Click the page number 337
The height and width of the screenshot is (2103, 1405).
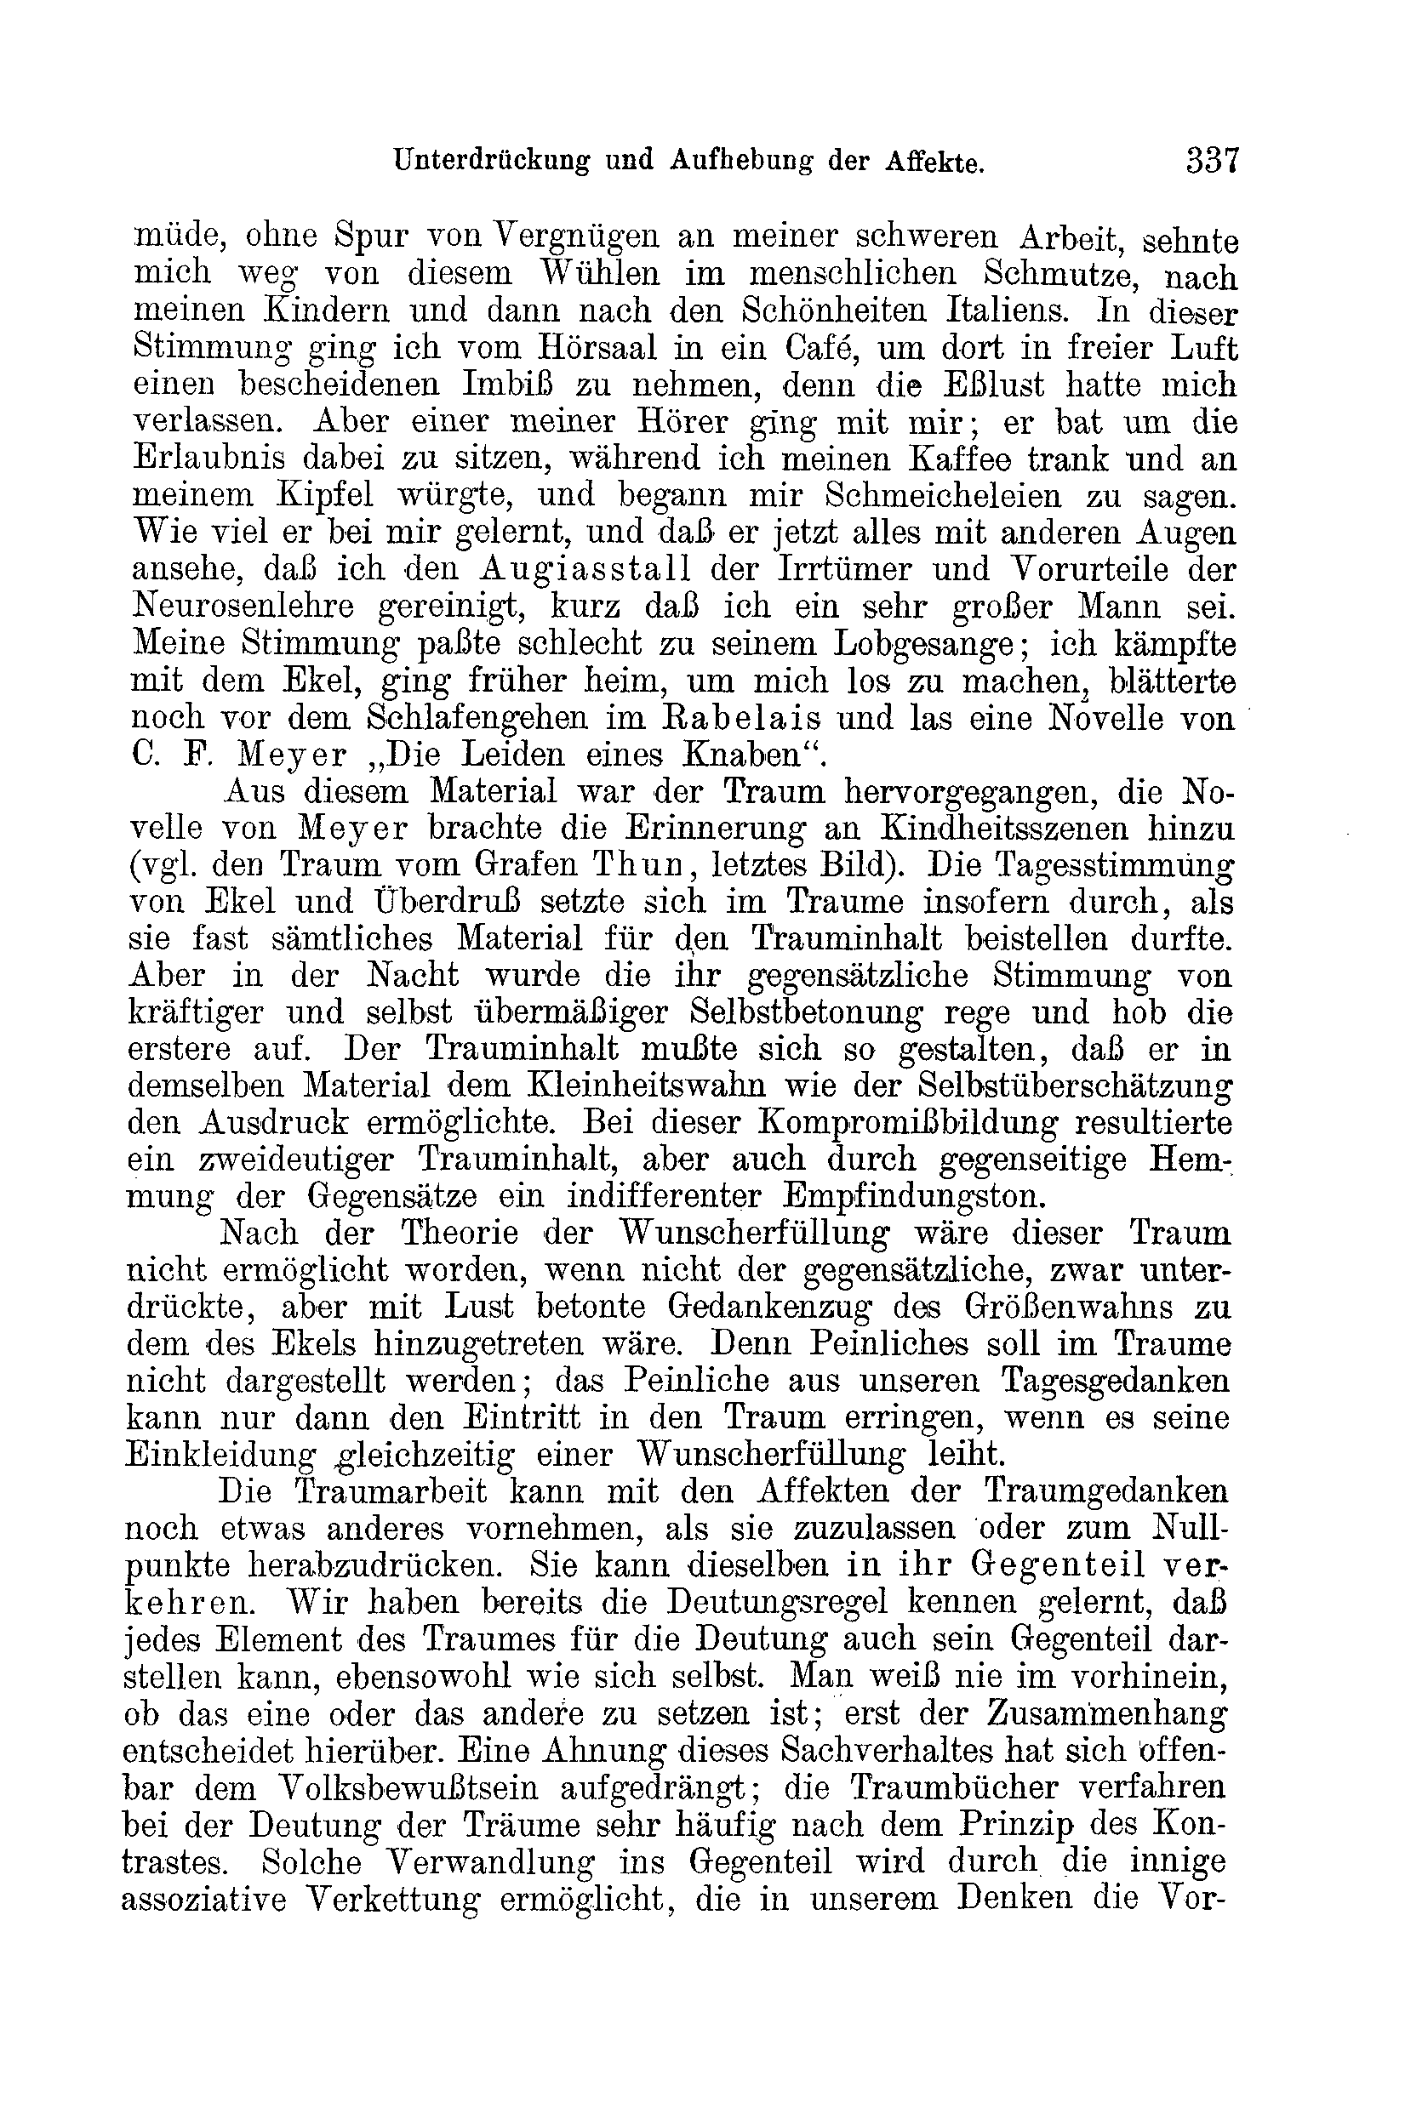click(x=1212, y=162)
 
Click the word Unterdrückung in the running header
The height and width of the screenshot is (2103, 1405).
click(x=492, y=162)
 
